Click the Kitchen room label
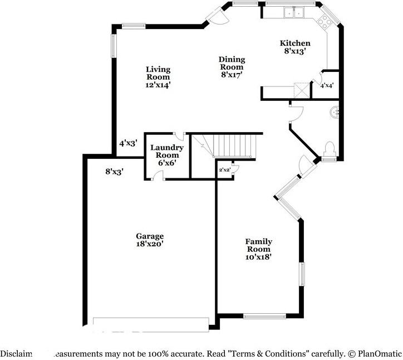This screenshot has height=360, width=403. coord(294,43)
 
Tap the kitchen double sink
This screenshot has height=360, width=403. coord(293,11)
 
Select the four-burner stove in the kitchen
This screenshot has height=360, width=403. coord(325,23)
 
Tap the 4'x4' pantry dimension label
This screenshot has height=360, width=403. coord(326,85)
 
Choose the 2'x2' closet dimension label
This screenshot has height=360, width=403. coord(224,169)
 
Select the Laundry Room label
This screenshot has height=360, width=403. coord(167,151)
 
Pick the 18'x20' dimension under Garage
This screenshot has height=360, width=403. coord(150,244)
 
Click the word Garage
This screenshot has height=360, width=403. coord(150,236)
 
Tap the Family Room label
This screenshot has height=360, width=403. coord(259,245)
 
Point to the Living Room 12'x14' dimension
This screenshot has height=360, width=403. coord(158,85)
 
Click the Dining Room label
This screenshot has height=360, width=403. coord(232,63)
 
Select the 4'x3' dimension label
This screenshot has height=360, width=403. coord(127,143)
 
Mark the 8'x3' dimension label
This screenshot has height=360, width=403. coord(114,172)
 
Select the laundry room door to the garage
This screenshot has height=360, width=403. coord(159,176)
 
